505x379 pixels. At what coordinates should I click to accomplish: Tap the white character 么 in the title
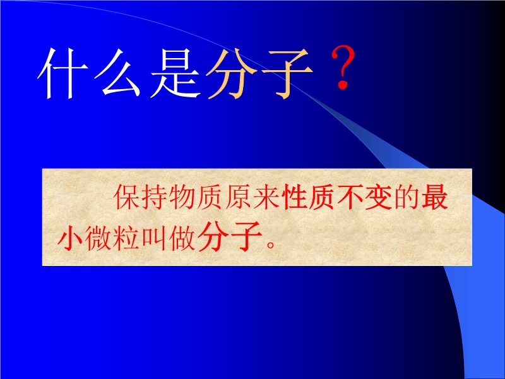[x=117, y=73]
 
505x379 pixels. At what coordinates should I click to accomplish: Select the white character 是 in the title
[x=175, y=73]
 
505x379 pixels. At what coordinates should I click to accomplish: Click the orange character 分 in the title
[x=232, y=73]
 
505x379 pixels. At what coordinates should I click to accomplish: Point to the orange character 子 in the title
[x=287, y=74]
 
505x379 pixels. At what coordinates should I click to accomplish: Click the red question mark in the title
[x=343, y=67]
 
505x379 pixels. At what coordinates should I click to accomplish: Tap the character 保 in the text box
[x=128, y=197]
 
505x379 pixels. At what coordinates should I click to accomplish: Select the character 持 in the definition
[x=155, y=197]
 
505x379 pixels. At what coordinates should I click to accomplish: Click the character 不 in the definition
[x=350, y=197]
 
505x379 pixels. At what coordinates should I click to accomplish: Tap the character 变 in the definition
[x=378, y=197]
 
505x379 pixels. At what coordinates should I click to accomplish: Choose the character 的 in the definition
[x=407, y=197]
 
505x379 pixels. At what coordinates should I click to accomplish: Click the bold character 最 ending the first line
[x=434, y=197]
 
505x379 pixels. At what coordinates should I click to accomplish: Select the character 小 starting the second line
[x=71, y=238]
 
